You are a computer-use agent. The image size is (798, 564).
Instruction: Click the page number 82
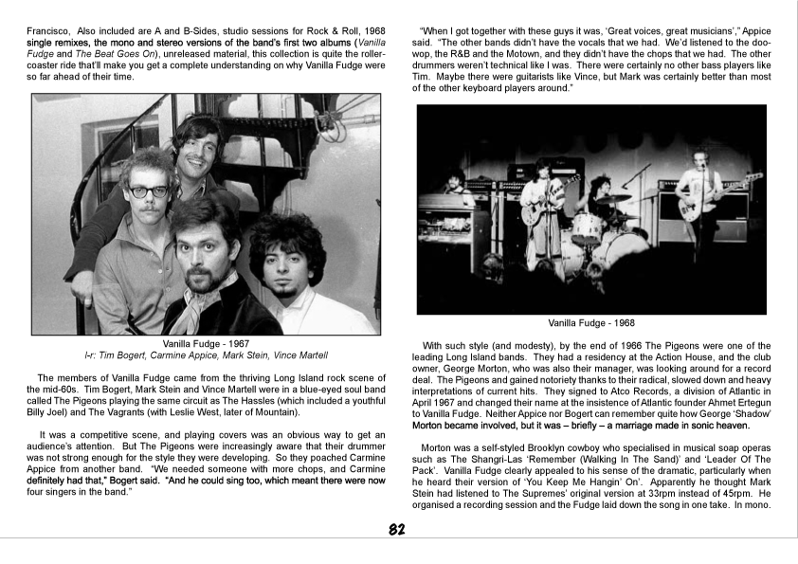(398, 530)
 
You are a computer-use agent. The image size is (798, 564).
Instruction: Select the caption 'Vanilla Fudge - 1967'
(206, 343)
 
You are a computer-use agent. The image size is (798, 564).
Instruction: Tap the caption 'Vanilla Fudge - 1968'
(591, 322)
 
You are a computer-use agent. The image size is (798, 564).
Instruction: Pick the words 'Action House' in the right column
(658, 357)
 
